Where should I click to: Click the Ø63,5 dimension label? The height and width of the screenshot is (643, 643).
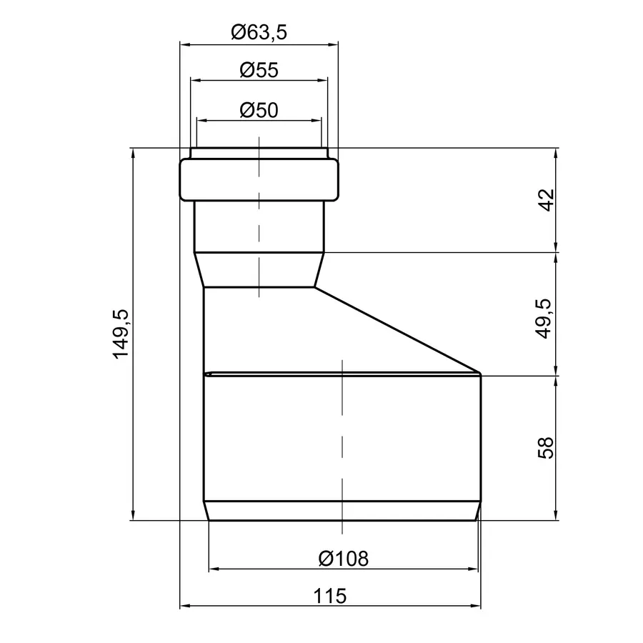pyautogui.click(x=259, y=32)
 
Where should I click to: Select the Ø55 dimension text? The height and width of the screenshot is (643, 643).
pyautogui.click(x=259, y=70)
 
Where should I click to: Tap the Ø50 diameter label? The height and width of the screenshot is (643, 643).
pyautogui.click(x=259, y=110)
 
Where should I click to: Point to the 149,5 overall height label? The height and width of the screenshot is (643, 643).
pyautogui.click(x=121, y=334)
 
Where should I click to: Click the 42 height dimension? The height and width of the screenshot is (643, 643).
pyautogui.click(x=546, y=200)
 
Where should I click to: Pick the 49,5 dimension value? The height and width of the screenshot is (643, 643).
pyautogui.click(x=544, y=319)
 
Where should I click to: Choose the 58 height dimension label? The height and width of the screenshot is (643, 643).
pyautogui.click(x=545, y=448)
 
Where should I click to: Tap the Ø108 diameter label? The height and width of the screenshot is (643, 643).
pyautogui.click(x=344, y=559)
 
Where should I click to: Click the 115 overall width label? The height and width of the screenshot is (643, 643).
pyautogui.click(x=329, y=596)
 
